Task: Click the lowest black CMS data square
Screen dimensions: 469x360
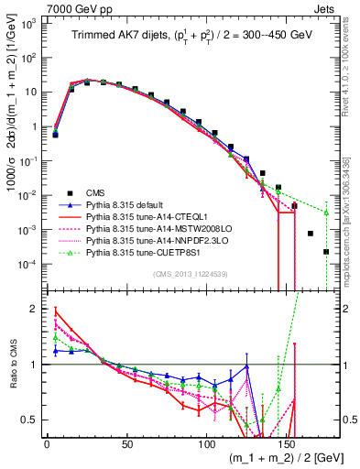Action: [326, 252]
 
